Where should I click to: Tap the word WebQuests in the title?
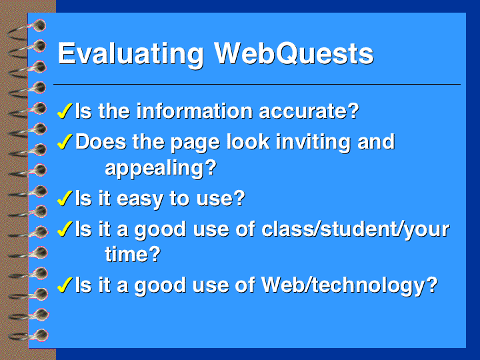(294, 53)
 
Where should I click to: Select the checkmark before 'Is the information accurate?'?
(65, 111)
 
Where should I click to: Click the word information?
(195, 111)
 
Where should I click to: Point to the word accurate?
(309, 111)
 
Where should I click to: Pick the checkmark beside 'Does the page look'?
(65, 141)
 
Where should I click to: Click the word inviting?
(313, 142)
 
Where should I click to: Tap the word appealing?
(161, 168)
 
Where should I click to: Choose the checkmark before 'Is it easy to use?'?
(65, 198)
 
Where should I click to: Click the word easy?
(140, 199)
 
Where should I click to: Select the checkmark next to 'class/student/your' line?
(65, 229)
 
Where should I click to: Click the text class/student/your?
(355, 229)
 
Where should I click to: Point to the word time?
(133, 254)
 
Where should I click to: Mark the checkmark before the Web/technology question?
(65, 285)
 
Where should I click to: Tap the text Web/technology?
(349, 285)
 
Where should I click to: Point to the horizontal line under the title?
(257, 84)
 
